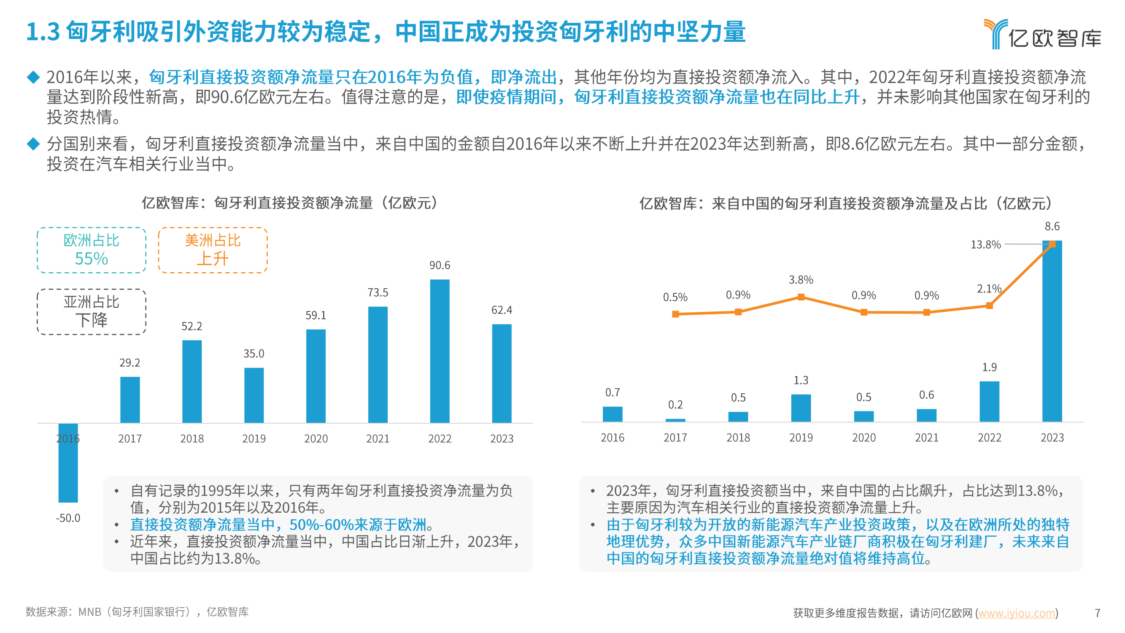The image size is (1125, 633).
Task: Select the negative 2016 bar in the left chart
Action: coord(68,463)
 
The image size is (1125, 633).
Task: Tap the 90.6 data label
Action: coord(440,265)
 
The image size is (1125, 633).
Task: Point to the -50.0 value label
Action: coord(68,518)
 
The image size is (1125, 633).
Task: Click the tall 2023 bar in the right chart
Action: coord(1052,332)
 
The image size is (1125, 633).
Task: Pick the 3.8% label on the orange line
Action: coord(801,280)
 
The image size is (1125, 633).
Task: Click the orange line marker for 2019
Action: coord(801,297)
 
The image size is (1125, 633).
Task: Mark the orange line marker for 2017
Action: coord(675,314)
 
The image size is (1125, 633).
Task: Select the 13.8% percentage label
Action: coord(985,245)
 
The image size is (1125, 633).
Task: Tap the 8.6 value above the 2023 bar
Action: coord(1052,226)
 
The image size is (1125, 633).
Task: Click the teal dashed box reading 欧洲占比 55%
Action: coord(91,250)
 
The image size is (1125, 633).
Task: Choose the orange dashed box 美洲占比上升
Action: coord(213,250)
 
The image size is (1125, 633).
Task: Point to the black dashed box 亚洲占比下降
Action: coord(91,311)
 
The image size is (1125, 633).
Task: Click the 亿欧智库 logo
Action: coord(1042,34)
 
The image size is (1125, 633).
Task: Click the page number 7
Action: coord(1097,613)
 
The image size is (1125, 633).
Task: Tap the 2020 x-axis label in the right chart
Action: coord(863,437)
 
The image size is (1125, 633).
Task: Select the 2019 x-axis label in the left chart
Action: coord(254,438)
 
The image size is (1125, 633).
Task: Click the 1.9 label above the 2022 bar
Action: coord(989,367)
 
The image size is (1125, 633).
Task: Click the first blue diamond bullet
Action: coord(33,77)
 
